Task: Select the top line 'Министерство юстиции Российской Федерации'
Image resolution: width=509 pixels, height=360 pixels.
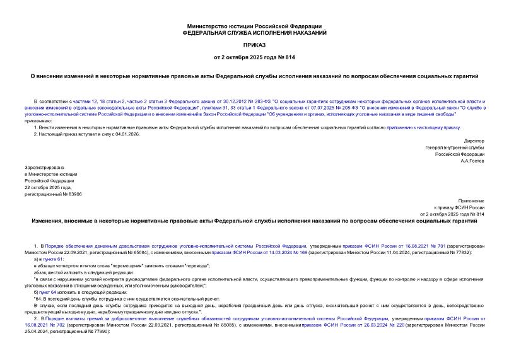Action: [x=254, y=25]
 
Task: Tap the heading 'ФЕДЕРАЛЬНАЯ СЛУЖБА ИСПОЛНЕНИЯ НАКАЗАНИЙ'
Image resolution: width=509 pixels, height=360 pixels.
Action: [x=254, y=32]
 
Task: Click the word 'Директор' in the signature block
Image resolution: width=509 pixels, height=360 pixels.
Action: [x=473, y=141]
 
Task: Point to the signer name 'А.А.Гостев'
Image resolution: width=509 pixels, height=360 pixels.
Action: [x=470, y=161]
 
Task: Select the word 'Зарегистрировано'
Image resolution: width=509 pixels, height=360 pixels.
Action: [x=42, y=167]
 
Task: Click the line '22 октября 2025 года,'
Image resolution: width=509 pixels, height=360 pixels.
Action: [x=47, y=188]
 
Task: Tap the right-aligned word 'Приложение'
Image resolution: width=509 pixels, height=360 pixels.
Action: [x=470, y=200]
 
